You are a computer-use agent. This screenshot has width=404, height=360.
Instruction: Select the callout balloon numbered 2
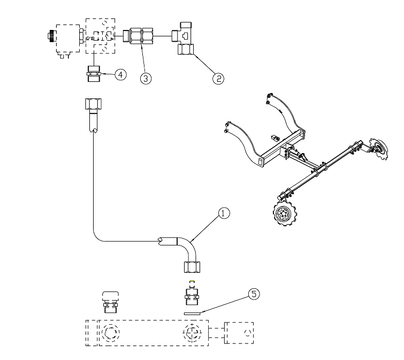click(218, 78)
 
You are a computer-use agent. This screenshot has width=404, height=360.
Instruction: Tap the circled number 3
click(146, 78)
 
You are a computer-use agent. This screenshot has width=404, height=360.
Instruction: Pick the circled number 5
click(254, 294)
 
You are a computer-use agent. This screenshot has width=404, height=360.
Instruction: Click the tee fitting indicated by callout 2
click(186, 40)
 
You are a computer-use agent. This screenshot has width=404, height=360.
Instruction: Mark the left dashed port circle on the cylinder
click(111, 333)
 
